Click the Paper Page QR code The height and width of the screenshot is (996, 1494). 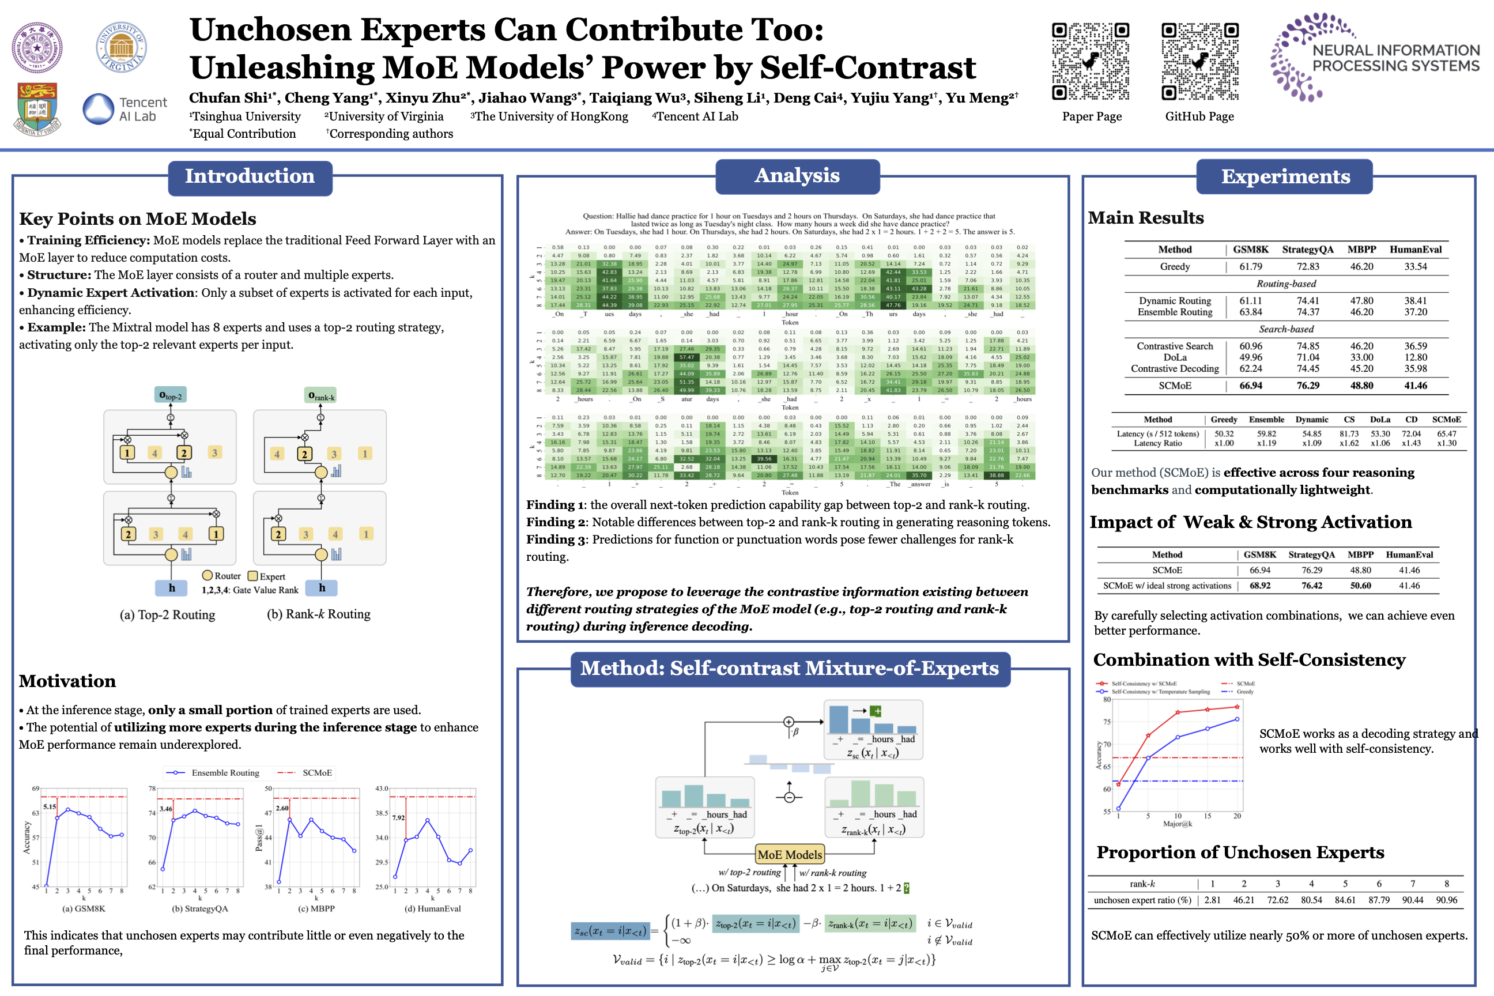point(1090,62)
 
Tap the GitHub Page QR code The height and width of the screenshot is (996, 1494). point(1199,62)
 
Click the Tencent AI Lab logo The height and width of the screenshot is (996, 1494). point(125,110)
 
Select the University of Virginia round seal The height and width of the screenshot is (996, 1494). point(121,48)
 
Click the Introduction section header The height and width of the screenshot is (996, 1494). point(250,176)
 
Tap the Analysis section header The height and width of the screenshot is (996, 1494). point(797,176)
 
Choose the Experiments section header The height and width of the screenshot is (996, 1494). point(1284,176)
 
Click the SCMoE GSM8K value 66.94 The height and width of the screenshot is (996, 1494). point(1251,386)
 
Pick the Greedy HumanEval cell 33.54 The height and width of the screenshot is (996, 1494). point(1415,267)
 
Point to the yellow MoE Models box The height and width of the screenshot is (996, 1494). point(790,854)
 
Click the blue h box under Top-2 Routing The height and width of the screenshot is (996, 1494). point(172,587)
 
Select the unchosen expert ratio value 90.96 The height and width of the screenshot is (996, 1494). point(1446,900)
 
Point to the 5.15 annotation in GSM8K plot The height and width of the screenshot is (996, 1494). point(50,807)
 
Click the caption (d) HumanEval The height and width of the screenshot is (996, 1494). point(432,908)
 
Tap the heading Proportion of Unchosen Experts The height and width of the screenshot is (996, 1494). point(1240,852)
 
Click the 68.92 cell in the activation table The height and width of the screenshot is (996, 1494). point(1259,586)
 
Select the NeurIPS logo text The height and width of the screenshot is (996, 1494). point(1395,58)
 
